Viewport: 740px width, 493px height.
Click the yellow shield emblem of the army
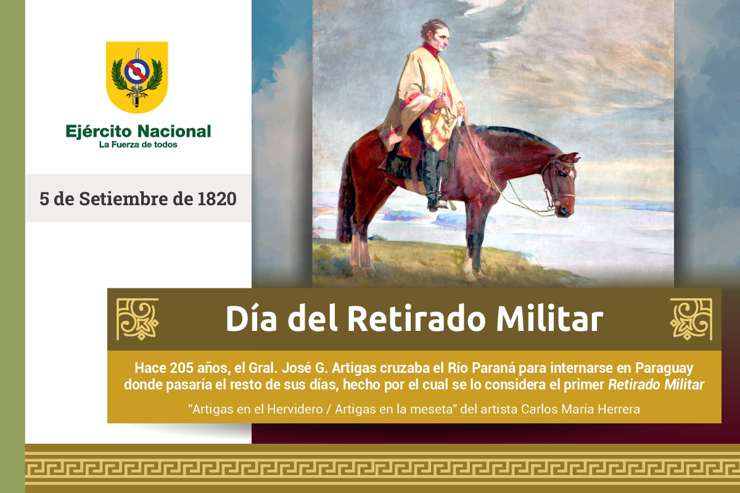point(137,77)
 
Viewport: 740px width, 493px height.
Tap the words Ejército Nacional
point(138,131)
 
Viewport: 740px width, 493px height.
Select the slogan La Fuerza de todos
point(138,145)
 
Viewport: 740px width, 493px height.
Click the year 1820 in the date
point(217,199)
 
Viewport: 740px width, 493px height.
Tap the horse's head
point(560,182)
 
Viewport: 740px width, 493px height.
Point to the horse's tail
point(345,198)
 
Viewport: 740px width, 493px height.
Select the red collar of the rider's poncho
point(431,47)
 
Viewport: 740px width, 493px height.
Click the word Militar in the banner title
point(549,318)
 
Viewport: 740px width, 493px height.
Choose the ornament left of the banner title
point(138,319)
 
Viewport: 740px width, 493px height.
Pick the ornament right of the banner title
point(691,319)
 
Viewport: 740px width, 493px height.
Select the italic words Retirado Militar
point(656,385)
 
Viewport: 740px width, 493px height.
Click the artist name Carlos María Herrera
point(580,409)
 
